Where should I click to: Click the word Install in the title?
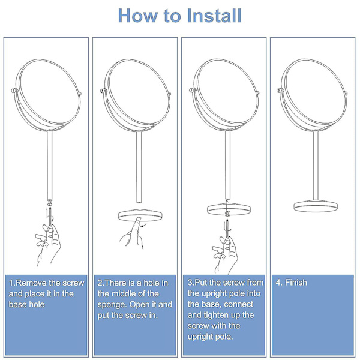[214, 16]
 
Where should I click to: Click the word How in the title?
[138, 16]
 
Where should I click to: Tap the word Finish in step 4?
[296, 283]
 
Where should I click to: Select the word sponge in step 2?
[112, 305]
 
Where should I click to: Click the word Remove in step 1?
[31, 283]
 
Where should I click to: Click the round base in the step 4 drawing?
[316, 206]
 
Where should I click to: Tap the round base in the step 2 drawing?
[140, 215]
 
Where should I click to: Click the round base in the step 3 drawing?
[229, 209]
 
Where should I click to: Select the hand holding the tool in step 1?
[49, 244]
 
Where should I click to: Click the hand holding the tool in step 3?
[226, 255]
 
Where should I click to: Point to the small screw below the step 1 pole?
[50, 203]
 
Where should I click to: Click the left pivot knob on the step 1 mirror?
[14, 91]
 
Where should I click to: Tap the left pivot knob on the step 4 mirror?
[280, 90]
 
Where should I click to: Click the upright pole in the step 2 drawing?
[139, 167]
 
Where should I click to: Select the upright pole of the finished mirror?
[316, 166]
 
